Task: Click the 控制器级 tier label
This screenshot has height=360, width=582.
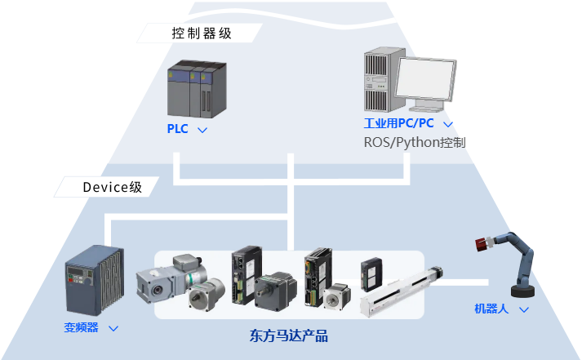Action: tap(202, 33)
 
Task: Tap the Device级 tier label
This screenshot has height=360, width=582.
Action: tap(112, 187)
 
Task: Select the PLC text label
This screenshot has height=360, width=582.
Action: tap(177, 129)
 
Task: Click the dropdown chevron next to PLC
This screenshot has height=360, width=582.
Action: tap(202, 130)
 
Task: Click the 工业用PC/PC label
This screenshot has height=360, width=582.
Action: tap(398, 124)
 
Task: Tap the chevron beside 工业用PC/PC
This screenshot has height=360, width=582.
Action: tap(447, 125)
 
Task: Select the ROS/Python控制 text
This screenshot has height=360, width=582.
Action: tap(414, 142)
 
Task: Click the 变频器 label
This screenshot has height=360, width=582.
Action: tap(81, 327)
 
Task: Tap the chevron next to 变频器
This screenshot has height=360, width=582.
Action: tap(113, 328)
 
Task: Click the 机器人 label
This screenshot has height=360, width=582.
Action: tap(491, 309)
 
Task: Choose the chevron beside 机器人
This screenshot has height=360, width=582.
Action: tap(523, 309)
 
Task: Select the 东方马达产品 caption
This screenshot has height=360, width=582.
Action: tap(289, 335)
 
